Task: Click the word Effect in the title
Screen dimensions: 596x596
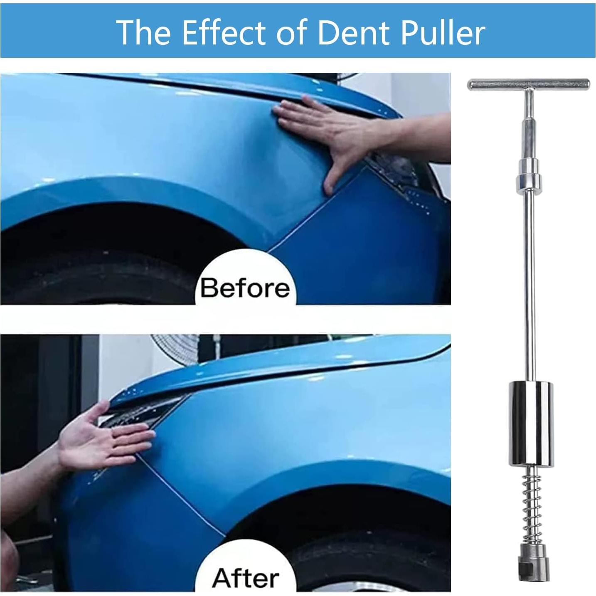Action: coord(224,32)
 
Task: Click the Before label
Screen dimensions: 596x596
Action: coord(245,287)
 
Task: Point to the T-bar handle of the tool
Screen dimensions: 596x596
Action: coord(528,84)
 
